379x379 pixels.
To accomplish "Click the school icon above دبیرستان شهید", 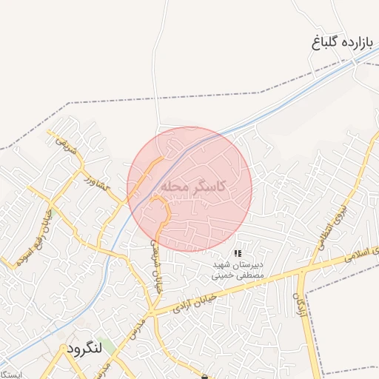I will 237,253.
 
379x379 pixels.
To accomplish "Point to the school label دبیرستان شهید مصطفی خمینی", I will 238,269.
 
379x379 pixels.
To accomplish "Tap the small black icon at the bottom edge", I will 204,376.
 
